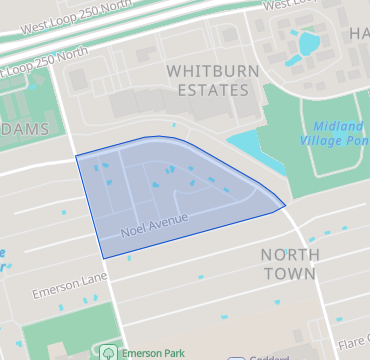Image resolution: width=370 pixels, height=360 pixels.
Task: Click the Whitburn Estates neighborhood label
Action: coord(207,80)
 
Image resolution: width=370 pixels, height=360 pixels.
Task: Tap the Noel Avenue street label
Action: coord(154,223)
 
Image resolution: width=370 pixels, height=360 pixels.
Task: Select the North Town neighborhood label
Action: coord(290,263)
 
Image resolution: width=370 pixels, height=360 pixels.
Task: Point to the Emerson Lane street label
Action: coord(68,290)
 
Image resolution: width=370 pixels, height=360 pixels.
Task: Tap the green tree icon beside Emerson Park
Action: coord(107,352)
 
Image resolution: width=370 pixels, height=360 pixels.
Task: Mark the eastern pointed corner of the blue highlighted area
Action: coord(286,206)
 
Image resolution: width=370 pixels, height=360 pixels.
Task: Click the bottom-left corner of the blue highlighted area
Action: coord(103,257)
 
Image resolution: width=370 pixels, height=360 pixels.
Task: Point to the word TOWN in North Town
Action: coord(290,273)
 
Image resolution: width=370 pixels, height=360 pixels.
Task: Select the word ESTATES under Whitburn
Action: coord(207,90)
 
